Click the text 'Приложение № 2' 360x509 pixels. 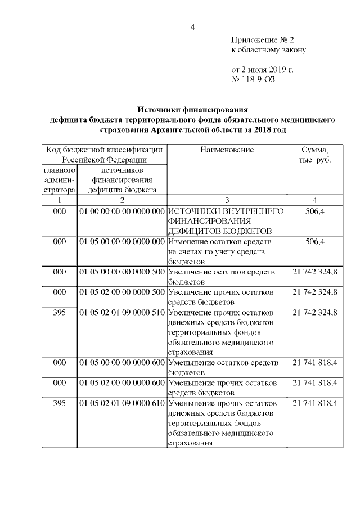point(263,40)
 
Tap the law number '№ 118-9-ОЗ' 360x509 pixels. point(254,79)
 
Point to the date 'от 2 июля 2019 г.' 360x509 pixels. point(263,70)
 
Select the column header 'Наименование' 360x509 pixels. point(227,150)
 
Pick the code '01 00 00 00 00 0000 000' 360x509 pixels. point(121,211)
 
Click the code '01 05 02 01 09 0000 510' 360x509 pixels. point(121,312)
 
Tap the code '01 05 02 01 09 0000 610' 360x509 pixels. point(121,403)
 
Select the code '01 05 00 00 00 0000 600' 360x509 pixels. point(121,363)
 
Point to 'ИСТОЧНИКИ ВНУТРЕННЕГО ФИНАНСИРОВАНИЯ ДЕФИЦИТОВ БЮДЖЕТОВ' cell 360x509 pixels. point(227,221)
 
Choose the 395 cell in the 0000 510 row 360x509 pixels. point(59,312)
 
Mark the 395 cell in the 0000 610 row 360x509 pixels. point(59,403)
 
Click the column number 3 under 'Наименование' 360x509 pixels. point(227,200)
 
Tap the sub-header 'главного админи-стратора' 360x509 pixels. point(59,179)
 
